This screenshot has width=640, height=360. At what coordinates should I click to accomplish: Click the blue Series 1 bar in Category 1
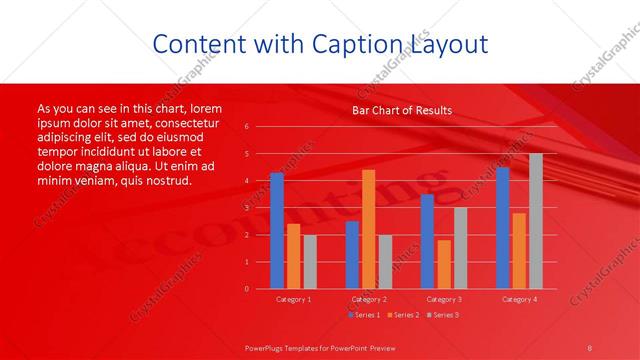point(277,231)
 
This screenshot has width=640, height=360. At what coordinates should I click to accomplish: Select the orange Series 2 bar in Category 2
point(368,229)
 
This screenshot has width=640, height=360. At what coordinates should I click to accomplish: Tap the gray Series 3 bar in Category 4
point(536,221)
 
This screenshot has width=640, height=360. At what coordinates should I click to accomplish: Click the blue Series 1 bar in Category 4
point(502,228)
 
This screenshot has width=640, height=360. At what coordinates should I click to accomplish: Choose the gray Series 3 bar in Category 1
point(310,262)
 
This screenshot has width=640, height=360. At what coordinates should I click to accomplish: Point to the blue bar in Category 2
point(352,255)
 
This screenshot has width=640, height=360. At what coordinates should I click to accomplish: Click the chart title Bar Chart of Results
point(402,110)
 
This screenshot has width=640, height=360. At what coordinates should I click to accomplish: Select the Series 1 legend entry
point(364,315)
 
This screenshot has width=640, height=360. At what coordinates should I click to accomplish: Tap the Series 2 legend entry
point(402,315)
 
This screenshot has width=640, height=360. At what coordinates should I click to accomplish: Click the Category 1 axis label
point(293,299)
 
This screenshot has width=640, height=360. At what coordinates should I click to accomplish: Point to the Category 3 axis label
point(443,299)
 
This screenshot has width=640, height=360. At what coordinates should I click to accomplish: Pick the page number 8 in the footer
point(590,346)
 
